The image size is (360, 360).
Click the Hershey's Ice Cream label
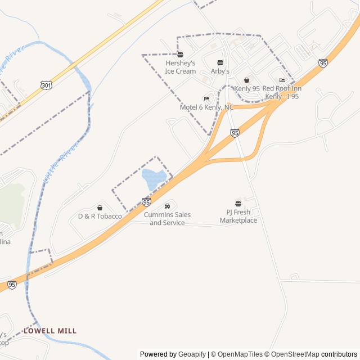[180, 67]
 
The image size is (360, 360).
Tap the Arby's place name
[220, 71]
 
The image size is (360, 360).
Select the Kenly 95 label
[247, 89]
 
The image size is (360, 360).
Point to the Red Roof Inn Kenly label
[282, 92]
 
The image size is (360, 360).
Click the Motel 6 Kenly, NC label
[206, 107]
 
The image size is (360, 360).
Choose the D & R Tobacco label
[100, 216]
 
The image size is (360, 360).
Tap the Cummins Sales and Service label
[167, 219]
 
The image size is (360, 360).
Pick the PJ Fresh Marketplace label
[238, 216]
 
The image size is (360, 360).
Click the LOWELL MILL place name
[50, 331]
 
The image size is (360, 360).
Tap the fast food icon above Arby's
[220, 62]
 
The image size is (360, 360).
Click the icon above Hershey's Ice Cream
[180, 55]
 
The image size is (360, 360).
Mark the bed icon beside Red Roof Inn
[282, 80]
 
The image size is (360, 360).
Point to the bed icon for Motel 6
[206, 98]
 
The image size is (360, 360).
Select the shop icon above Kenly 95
[247, 80]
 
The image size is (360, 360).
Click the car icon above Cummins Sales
[167, 206]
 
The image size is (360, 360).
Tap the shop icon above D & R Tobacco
[100, 208]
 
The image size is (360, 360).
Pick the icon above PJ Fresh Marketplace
[238, 203]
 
